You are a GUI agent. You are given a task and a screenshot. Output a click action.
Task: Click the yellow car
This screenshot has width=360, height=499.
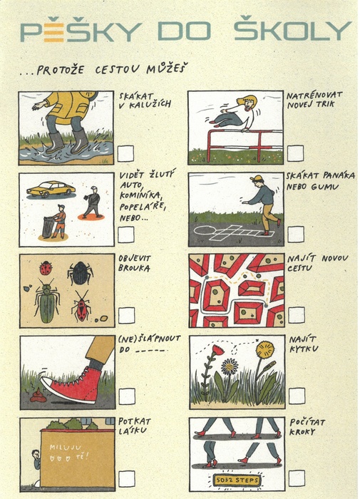51,189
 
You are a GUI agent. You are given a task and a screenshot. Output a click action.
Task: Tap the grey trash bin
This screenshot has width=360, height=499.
48,227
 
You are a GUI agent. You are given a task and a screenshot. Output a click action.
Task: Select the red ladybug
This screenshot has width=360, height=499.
46,268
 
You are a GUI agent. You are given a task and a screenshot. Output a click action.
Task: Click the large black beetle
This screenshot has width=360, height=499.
81,273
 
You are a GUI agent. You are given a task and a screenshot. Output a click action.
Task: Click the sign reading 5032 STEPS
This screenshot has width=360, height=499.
236,480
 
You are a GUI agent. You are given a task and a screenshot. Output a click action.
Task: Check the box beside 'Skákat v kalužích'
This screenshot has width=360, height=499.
125,153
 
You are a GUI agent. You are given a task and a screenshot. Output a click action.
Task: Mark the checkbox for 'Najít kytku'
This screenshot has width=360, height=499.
297,396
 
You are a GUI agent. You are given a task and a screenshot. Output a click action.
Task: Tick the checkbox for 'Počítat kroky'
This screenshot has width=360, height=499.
297,478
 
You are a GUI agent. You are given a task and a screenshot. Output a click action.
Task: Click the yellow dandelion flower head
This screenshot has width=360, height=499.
264,349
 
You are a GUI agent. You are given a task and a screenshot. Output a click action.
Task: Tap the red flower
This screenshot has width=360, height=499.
218,350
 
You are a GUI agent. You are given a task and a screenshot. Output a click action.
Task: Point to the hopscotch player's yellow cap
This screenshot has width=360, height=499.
257,178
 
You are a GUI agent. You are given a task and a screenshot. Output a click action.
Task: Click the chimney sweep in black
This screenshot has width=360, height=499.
92,202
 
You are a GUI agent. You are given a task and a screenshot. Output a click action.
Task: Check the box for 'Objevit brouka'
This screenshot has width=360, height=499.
126,315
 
